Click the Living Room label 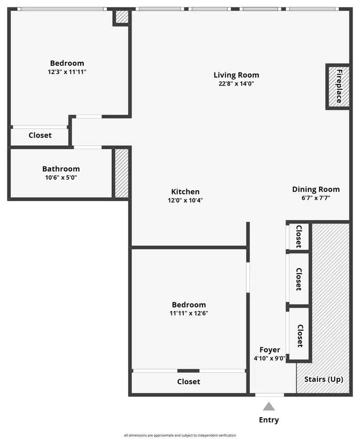click(236, 75)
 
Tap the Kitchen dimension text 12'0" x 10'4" click(185, 200)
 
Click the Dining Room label click(316, 189)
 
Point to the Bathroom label click(61, 169)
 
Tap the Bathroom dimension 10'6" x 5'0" click(61, 177)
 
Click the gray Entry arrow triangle click(269, 406)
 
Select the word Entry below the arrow click(269, 420)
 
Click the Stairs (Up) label click(323, 380)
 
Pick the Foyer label click(270, 350)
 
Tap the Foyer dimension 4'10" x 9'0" click(270, 359)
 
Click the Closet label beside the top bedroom click(40, 135)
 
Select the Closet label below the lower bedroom click(189, 381)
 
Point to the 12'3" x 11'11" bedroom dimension click(67, 72)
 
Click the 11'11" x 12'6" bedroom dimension click(189, 313)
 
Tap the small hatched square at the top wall click(122, 17)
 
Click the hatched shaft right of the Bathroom click(122, 173)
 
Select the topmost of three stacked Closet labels click(298, 236)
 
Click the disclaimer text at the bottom click(180, 435)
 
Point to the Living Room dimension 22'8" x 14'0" click(236, 84)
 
